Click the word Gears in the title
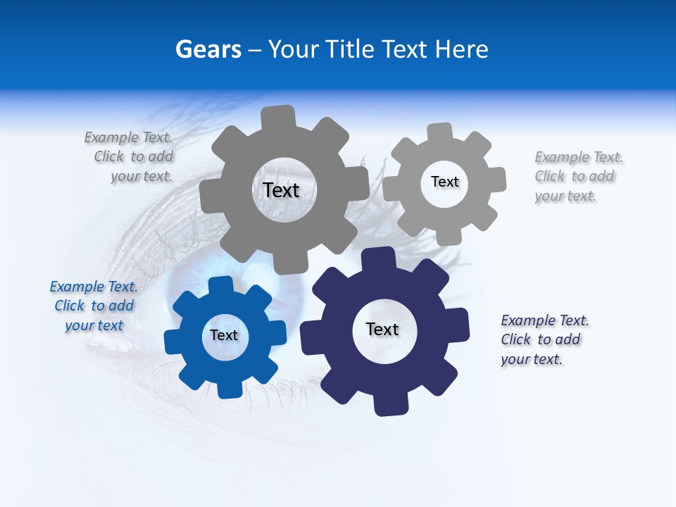[208, 49]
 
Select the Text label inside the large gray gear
[281, 190]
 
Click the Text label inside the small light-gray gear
[444, 182]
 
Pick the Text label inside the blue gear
[224, 336]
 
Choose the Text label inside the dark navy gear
[382, 330]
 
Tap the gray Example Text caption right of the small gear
[577, 177]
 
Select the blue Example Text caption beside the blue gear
[94, 306]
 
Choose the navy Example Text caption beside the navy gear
[544, 340]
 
